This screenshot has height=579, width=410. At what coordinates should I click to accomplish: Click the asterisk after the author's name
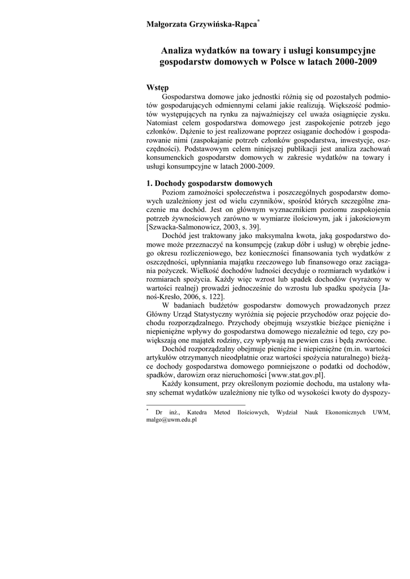258,20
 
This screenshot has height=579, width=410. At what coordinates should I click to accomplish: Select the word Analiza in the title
178,51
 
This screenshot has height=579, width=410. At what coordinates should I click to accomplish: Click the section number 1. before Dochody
150,183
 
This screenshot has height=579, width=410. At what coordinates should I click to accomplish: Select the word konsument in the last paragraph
191,385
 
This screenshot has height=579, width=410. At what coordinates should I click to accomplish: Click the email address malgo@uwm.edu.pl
171,421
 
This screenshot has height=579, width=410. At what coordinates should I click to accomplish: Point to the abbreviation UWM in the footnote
382,413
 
